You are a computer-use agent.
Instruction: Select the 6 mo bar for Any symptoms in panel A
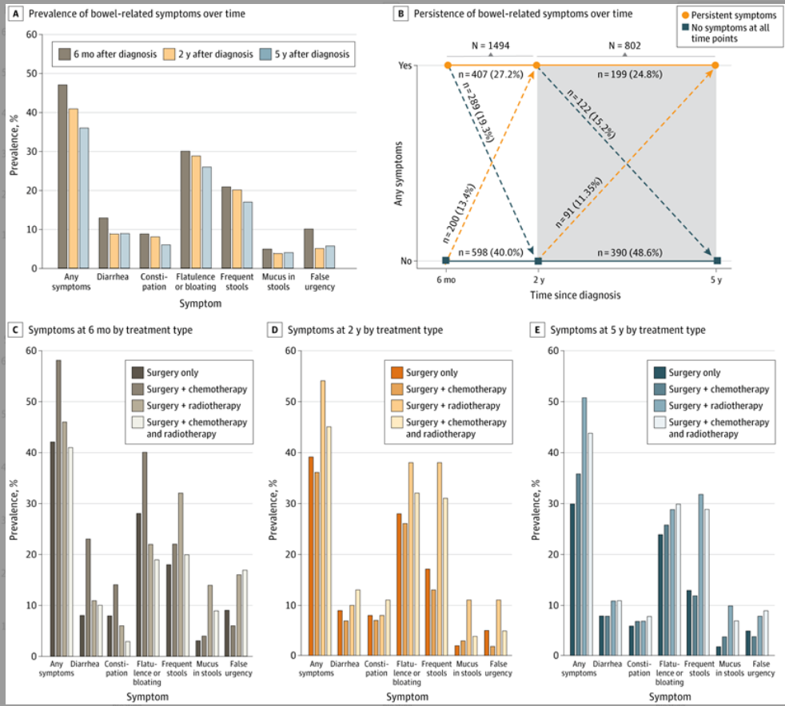point(62,176)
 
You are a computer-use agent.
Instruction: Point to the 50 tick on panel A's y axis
point(31,73)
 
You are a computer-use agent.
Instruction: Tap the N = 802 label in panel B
point(626,45)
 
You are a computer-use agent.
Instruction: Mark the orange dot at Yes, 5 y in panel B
point(715,65)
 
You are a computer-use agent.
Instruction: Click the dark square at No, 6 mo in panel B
point(446,260)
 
